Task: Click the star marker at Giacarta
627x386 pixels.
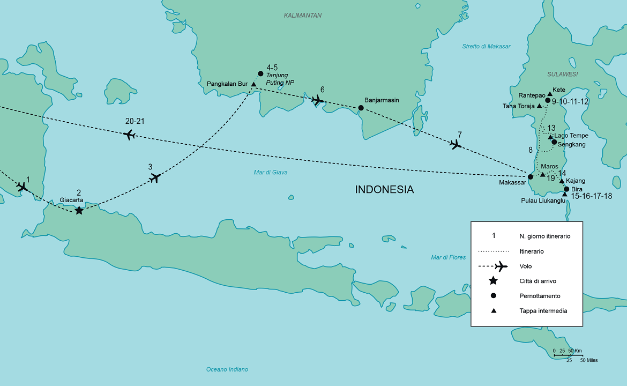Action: click(x=79, y=210)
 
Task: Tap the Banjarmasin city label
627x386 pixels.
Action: click(x=382, y=100)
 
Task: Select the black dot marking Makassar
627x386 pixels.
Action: click(x=531, y=176)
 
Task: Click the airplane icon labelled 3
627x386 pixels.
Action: click(x=155, y=177)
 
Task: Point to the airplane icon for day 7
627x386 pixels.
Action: click(x=456, y=144)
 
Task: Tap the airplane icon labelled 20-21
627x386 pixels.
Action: click(x=129, y=135)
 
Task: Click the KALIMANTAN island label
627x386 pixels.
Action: click(x=303, y=16)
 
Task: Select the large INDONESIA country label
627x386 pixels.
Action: click(x=385, y=189)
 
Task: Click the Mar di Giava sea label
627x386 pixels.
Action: click(x=271, y=172)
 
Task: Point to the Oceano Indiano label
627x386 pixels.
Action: click(x=227, y=369)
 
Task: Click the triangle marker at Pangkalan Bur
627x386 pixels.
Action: click(x=253, y=84)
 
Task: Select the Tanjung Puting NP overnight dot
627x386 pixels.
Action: click(x=260, y=73)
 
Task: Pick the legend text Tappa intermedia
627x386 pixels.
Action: click(x=543, y=311)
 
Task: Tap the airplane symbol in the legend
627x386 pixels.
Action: click(x=501, y=266)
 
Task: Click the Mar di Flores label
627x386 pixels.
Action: click(x=448, y=257)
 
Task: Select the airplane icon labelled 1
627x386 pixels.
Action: click(x=22, y=187)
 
